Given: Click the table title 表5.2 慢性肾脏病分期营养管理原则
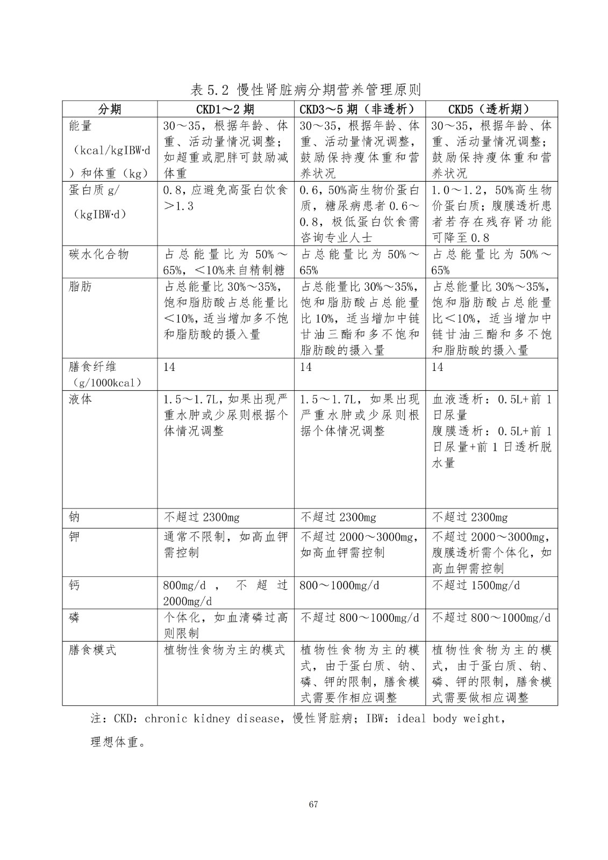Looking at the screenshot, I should coord(305,89).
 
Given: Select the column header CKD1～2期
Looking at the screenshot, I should coord(225,109).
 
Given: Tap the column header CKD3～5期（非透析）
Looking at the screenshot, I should coord(360,109).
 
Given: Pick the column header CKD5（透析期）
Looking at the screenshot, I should coord(491,109).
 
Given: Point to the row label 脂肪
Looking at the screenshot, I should coord(81,286).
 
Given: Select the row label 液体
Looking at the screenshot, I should coord(81,399).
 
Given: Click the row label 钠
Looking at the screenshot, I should coord(75,517).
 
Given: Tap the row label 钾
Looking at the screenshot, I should coord(75,536).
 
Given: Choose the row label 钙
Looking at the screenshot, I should coord(75,585).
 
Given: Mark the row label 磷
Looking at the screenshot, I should coord(75,617).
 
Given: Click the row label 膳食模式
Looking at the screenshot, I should coord(92,650).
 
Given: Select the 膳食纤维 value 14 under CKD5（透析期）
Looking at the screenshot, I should coord(438,367).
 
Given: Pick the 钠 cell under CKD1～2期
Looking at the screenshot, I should coord(202,517).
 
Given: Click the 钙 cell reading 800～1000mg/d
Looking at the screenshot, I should coord(339,585).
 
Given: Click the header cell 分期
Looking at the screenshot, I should coord(110,109).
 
